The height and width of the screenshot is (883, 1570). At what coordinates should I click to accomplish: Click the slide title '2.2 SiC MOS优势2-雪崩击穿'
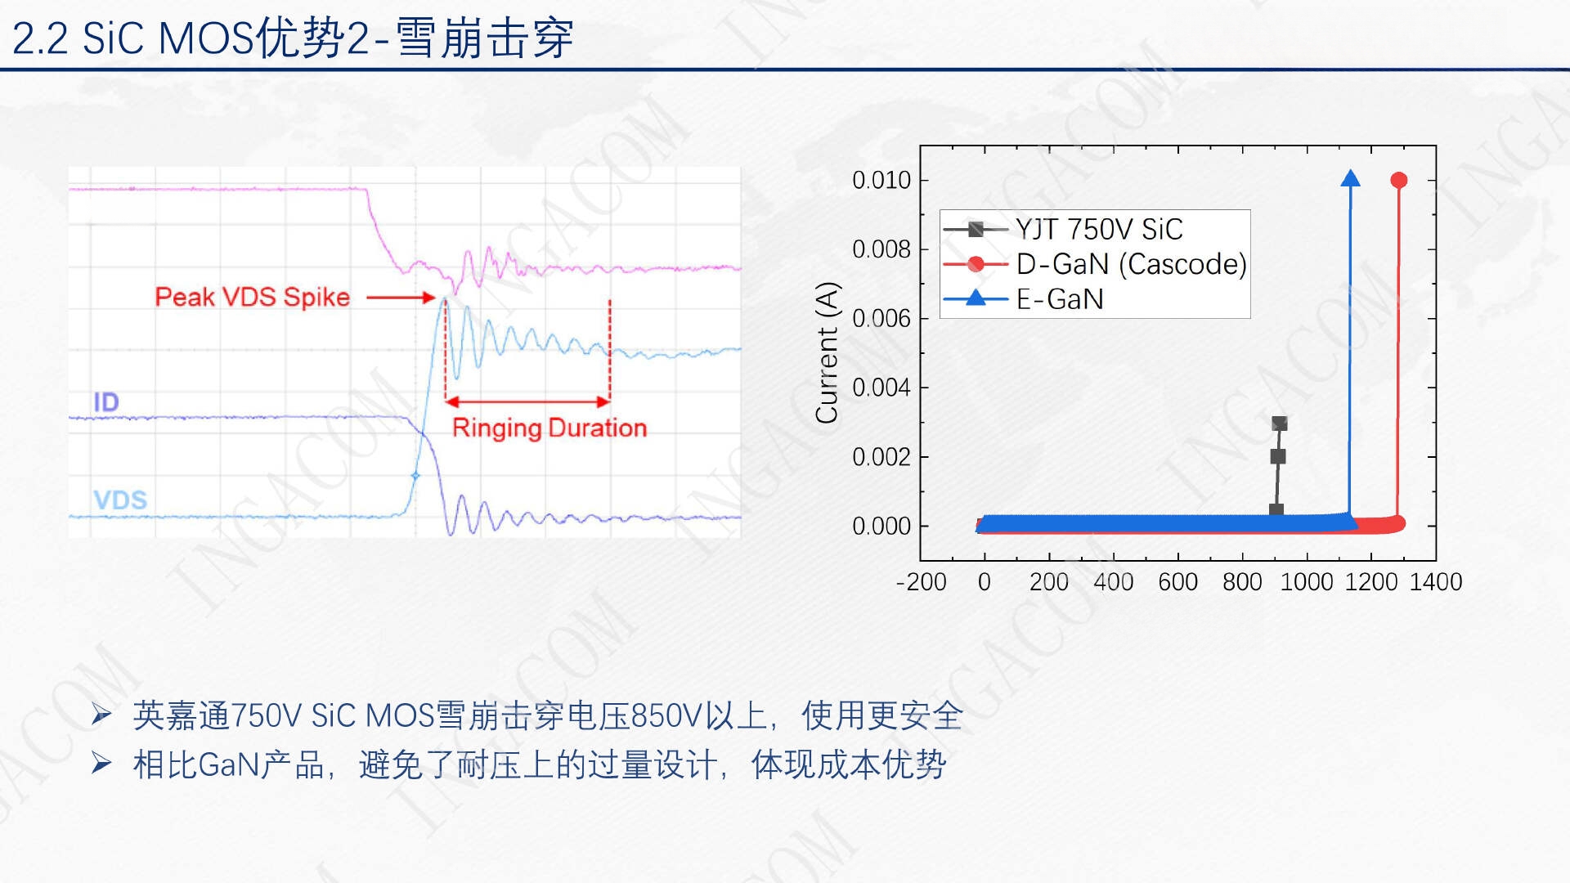tap(293, 38)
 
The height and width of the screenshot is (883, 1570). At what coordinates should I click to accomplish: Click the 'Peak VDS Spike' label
tap(252, 297)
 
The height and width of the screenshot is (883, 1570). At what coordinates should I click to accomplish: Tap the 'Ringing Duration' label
tap(549, 428)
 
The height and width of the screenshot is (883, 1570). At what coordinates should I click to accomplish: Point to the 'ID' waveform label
tap(106, 402)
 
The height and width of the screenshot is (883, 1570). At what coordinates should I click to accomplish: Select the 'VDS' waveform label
tap(120, 500)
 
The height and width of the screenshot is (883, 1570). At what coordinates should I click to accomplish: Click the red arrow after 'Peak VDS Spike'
tap(401, 298)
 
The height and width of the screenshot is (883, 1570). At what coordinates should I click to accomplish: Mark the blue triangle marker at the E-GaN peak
tap(1351, 178)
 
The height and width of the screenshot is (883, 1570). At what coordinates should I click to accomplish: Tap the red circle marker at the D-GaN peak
tap(1399, 180)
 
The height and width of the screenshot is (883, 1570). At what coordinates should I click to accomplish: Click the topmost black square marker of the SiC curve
tap(1280, 424)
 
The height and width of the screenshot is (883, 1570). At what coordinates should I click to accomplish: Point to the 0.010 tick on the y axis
tap(881, 180)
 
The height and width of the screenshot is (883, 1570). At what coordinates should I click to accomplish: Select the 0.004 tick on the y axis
tap(881, 388)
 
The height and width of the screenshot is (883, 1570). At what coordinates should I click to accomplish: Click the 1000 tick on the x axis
tap(1307, 581)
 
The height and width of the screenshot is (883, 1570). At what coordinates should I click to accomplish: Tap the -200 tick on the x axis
tap(921, 581)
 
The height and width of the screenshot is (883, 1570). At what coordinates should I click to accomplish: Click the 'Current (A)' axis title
tap(827, 352)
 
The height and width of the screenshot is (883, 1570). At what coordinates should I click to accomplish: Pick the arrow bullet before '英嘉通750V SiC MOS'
tap(101, 715)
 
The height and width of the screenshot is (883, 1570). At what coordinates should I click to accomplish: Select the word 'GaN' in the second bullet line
tap(229, 765)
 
